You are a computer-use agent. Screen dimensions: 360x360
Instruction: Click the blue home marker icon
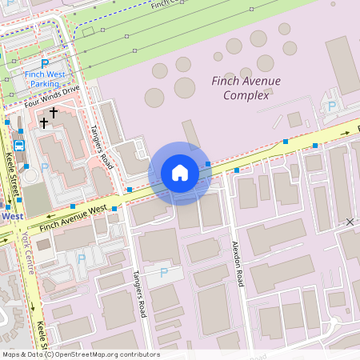click(179, 173)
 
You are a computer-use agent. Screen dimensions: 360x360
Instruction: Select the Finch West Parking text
click(45, 78)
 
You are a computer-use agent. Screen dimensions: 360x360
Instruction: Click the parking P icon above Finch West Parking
click(45, 63)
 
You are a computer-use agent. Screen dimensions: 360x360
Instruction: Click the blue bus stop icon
click(19, 146)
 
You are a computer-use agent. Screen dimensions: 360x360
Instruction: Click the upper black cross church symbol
click(54, 113)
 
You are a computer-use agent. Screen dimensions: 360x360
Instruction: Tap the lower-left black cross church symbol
click(43, 122)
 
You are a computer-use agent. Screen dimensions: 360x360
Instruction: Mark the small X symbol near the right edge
click(350, 221)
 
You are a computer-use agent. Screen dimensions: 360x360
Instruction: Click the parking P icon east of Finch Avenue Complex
click(332, 106)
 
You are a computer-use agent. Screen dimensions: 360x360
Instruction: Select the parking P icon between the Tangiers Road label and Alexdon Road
click(164, 273)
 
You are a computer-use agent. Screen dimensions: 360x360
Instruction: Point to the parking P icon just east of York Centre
click(81, 258)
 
